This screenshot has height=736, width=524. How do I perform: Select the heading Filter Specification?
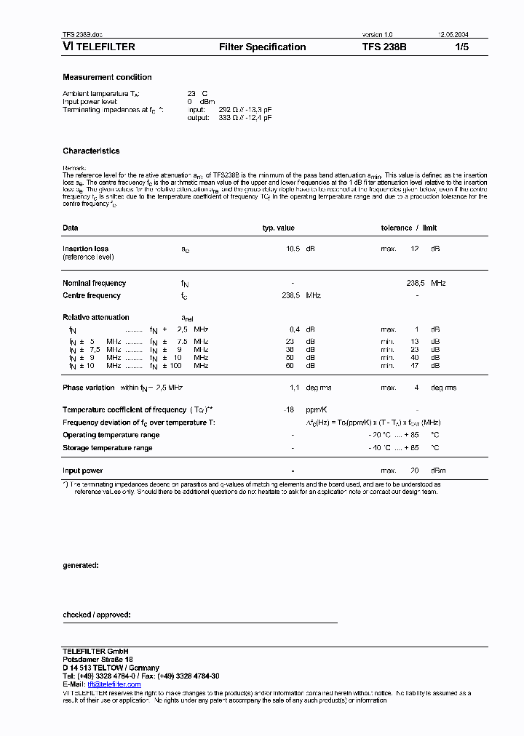tap(262, 47)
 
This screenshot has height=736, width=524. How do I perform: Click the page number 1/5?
tap(463, 47)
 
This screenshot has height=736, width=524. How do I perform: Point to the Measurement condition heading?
tap(107, 77)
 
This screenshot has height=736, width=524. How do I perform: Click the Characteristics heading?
tap(91, 151)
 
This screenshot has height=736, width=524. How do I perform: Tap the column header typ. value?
tap(278, 228)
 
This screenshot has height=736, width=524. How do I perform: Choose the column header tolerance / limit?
tap(409, 228)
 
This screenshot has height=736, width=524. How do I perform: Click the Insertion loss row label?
tap(85, 249)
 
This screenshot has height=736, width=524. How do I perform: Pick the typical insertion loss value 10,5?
tap(293, 249)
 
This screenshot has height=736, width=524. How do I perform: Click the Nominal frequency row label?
tap(94, 283)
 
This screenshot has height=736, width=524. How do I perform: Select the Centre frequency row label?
tap(92, 295)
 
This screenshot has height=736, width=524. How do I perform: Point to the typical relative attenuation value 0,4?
tap(295, 329)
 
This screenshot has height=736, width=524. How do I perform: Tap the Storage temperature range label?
tap(107, 448)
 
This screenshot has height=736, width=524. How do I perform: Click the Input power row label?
tap(82, 471)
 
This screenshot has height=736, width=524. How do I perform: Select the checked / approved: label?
tap(96, 615)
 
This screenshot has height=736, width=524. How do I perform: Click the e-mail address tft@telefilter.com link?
tap(114, 684)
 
